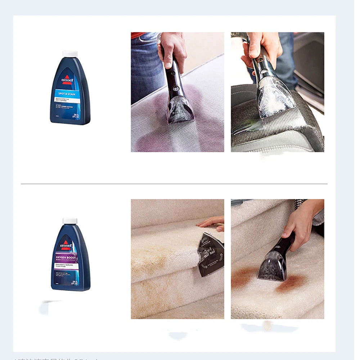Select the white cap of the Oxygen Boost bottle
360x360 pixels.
click(70, 221)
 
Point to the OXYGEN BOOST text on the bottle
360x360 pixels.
click(68, 258)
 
